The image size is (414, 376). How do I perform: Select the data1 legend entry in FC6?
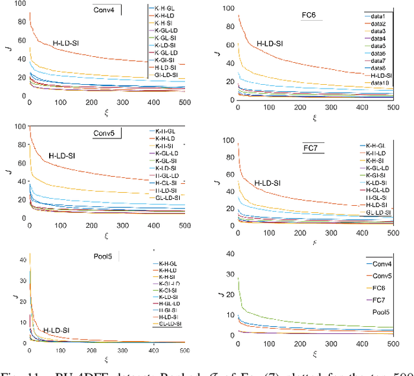376,14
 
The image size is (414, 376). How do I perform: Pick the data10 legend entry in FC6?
377,83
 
